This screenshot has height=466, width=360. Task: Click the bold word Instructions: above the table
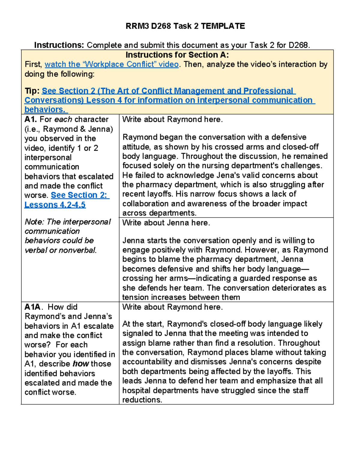point(59,45)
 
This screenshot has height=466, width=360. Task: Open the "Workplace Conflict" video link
point(112,64)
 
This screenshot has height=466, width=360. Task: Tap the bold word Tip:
point(32,91)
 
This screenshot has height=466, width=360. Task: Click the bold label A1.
point(31,119)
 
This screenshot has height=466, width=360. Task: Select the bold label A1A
point(32,307)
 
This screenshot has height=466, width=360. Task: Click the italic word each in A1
point(63,119)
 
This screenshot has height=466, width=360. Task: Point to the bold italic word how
point(81,364)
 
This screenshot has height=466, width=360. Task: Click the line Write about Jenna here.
point(166,223)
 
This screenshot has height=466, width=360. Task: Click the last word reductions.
point(142,400)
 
